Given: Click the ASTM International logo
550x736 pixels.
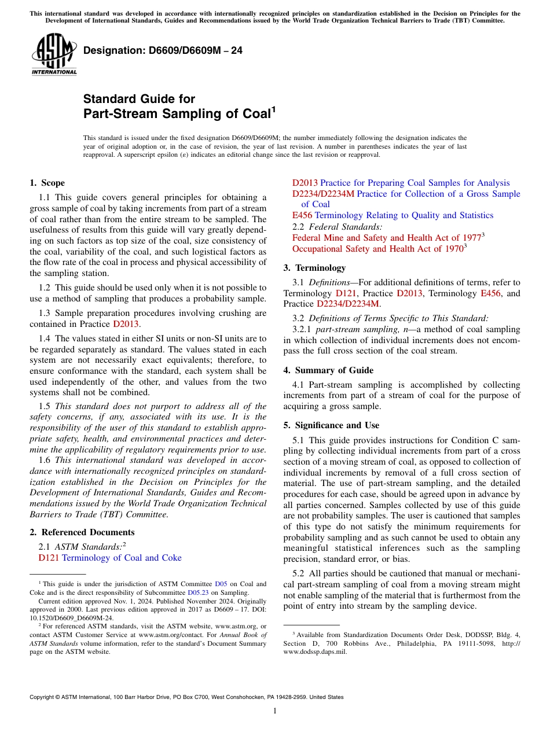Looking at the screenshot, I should (54, 55).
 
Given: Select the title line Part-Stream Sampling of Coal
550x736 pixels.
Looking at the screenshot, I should (177, 114).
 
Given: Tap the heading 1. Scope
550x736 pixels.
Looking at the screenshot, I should (47, 183).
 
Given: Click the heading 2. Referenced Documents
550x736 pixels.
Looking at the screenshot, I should (82, 532).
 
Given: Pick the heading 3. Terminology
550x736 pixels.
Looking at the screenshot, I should (314, 268).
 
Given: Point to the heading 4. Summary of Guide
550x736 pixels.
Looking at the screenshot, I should (328, 370).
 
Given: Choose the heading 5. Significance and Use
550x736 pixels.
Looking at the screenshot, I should (331, 425).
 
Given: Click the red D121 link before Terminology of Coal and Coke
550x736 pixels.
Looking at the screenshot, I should (49, 558).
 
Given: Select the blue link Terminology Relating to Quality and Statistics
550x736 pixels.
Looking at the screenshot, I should (404, 216).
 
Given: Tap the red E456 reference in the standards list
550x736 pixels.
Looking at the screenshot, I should (302, 216).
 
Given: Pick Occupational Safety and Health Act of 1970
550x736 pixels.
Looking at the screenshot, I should (377, 249).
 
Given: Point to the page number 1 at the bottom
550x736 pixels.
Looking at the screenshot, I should (275, 711).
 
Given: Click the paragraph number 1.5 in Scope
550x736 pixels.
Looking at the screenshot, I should (45, 406).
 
